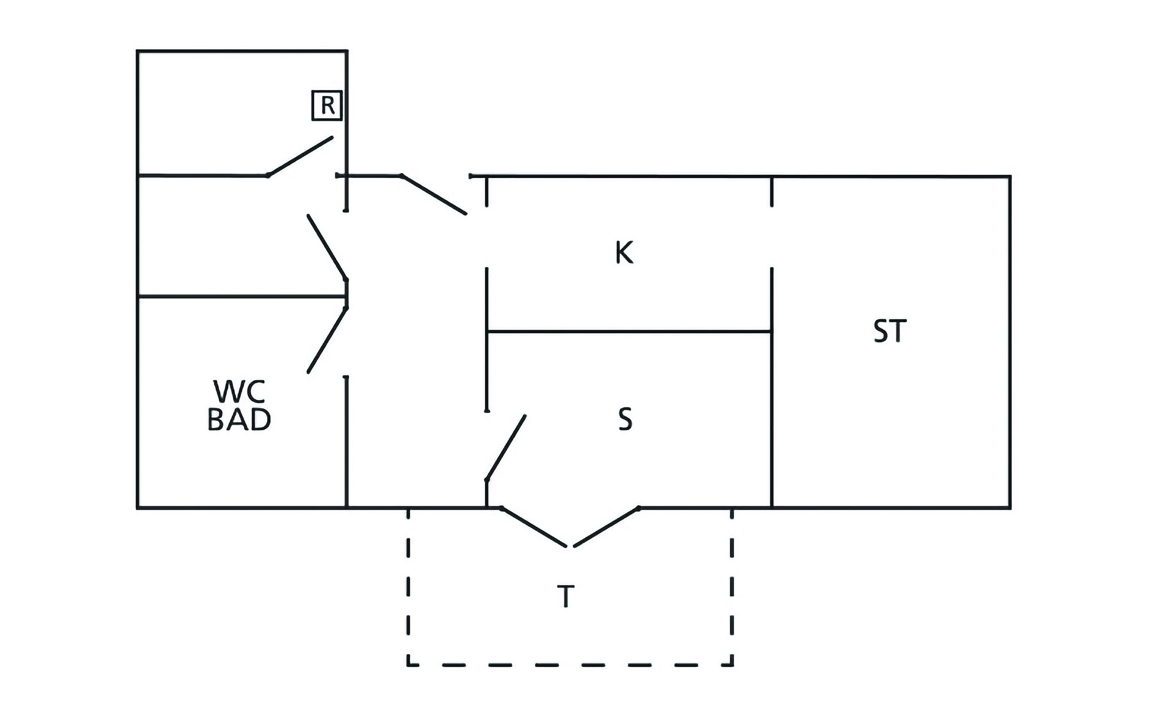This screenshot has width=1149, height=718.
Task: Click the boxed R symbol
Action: tap(327, 105)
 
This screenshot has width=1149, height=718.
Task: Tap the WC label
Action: tap(239, 391)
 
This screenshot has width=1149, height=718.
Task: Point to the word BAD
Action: tap(239, 420)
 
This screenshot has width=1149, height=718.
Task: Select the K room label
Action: tap(624, 253)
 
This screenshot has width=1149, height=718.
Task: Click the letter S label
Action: tap(625, 419)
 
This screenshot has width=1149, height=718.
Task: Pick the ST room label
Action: tap(889, 331)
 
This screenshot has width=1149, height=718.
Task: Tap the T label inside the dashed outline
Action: tap(566, 597)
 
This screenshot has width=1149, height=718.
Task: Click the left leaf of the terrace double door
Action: tap(533, 527)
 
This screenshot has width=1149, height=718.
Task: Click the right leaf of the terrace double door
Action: tap(607, 527)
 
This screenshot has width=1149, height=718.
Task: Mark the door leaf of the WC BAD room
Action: tap(327, 340)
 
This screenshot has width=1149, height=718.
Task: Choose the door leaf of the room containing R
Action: tap(300, 156)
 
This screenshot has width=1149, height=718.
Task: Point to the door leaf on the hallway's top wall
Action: tap(433, 194)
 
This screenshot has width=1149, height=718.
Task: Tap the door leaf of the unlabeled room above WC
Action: tap(327, 247)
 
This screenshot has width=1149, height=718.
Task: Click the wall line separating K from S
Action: tap(628, 331)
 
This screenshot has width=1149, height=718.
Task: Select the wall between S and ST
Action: tap(771, 419)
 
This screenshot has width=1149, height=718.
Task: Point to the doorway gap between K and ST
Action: tap(771, 237)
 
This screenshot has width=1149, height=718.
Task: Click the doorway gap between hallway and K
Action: tap(487, 237)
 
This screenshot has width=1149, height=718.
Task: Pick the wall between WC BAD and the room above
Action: tap(239, 296)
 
